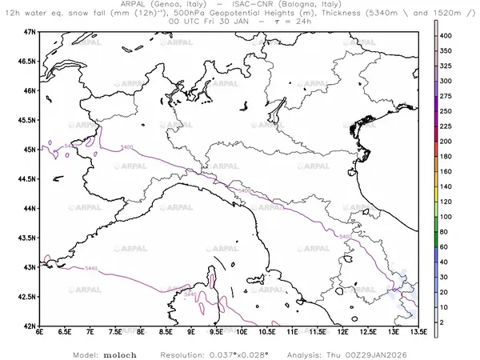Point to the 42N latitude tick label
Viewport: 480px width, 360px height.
(x=30, y=326)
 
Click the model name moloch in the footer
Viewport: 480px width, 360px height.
(x=118, y=352)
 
